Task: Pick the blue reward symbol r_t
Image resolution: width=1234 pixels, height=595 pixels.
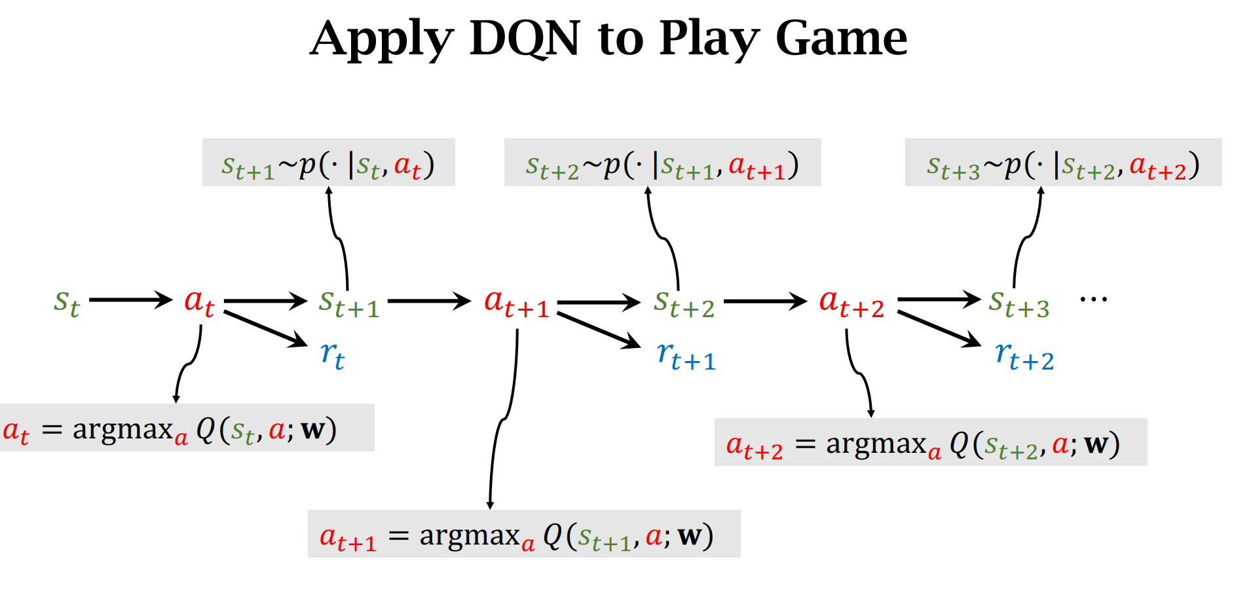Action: (x=333, y=355)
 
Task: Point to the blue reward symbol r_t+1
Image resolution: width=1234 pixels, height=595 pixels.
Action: (x=686, y=356)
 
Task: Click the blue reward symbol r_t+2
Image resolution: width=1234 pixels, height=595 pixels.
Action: (x=1024, y=356)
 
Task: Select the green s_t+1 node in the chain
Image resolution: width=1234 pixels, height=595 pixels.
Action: (x=349, y=303)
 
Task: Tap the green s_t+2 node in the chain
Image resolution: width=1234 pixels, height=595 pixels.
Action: (x=684, y=303)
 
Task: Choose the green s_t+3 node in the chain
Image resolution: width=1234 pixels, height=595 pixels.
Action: (x=1019, y=303)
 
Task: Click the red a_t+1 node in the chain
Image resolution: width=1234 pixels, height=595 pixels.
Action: (x=517, y=303)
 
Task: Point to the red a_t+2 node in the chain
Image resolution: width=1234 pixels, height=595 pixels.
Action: (x=851, y=303)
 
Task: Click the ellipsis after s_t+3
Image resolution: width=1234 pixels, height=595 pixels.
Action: (x=1093, y=299)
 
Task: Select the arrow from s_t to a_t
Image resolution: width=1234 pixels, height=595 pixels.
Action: (x=130, y=300)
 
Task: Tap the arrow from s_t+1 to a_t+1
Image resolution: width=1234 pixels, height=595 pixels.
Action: (x=429, y=301)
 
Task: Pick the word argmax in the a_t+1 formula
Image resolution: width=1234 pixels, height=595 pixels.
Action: (x=470, y=535)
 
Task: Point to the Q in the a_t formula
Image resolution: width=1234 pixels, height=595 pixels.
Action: (x=206, y=429)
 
